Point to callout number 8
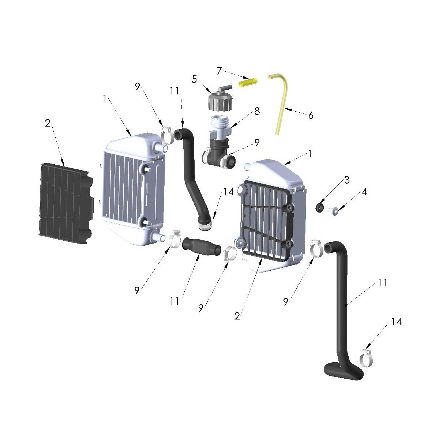(257, 111)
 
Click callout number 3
(346, 180)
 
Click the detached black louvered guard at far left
(64, 203)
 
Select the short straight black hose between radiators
(202, 246)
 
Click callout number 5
(194, 79)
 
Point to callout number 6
(311, 116)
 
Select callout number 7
(219, 70)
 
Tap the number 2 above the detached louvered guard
(48, 124)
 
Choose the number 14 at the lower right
(396, 322)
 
